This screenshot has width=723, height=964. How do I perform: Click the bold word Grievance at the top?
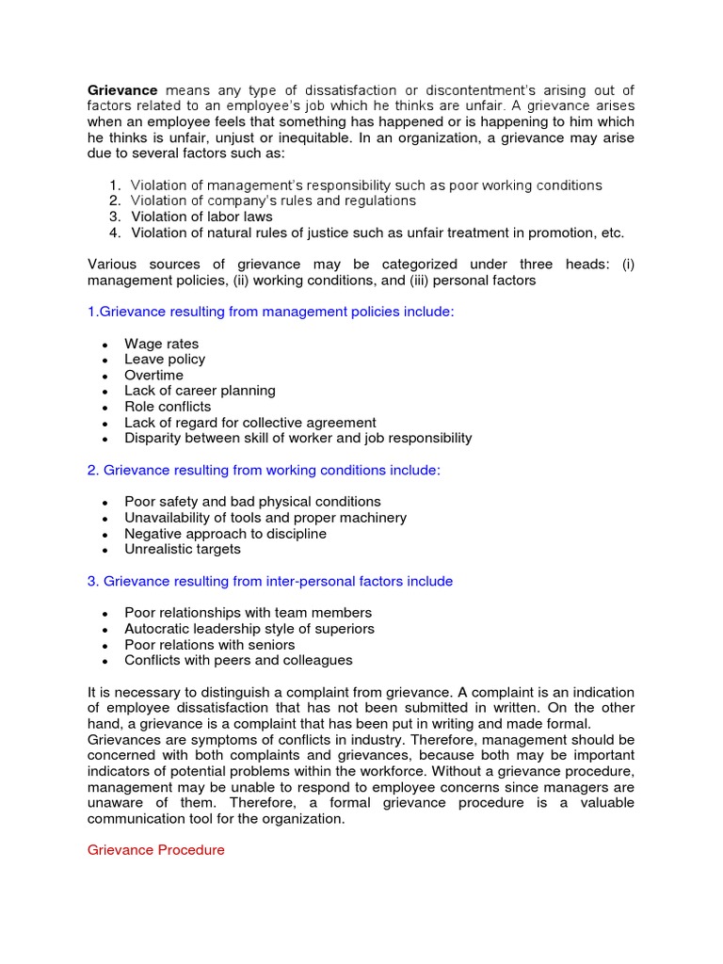[122, 89]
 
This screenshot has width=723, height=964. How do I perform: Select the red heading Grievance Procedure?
[156, 850]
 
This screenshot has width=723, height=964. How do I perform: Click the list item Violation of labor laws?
[201, 217]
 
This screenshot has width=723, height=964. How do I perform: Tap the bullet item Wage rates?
[161, 344]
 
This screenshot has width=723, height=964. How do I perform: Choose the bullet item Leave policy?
[165, 360]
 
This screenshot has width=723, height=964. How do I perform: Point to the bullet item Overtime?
[153, 375]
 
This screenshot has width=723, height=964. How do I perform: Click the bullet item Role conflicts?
[168, 407]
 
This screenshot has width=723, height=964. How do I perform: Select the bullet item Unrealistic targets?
[183, 549]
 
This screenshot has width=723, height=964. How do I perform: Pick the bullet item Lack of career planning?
[200, 391]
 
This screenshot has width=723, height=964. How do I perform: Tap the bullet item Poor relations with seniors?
[209, 645]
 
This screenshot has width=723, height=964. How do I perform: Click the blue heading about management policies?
[270, 312]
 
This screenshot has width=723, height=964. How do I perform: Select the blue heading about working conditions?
[264, 470]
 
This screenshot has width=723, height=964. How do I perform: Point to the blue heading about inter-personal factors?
[270, 581]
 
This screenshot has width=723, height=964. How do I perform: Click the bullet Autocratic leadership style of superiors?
[249, 629]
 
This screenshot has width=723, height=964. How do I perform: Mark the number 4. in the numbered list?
[114, 233]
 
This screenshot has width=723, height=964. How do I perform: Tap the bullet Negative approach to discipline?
[225, 534]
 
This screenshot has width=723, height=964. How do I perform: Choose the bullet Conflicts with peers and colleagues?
[238, 660]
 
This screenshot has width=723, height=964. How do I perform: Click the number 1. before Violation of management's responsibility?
[114, 185]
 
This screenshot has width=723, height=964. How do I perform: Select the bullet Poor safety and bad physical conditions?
[252, 502]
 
